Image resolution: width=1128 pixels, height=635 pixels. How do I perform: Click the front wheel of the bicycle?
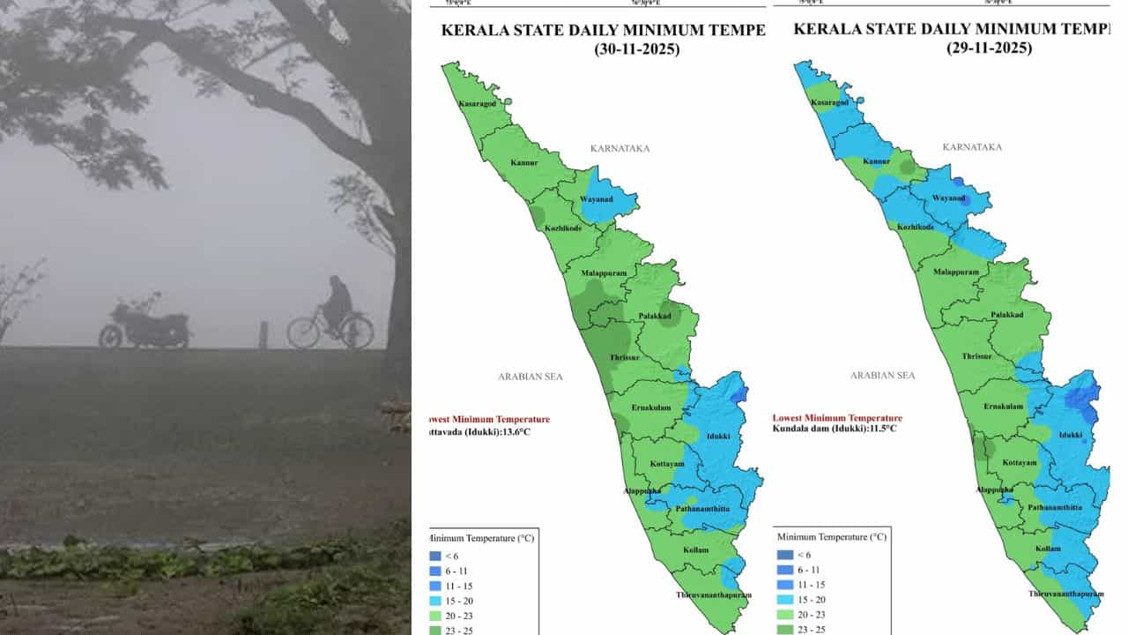[358, 332]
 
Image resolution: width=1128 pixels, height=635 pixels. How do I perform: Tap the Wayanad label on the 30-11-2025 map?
[597, 199]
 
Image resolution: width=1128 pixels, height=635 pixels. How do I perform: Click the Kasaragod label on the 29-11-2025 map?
[830, 103]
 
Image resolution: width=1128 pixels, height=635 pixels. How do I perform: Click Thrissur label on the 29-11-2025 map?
[976, 357]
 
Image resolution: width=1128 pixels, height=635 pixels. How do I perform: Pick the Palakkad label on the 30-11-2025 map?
[655, 316]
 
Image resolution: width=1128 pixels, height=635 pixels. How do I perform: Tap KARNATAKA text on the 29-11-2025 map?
[972, 147]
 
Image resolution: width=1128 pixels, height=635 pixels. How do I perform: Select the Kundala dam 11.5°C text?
[834, 429]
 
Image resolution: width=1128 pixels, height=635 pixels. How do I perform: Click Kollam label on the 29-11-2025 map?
[1048, 549]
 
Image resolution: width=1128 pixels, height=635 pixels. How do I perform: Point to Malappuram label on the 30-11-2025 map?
[604, 273]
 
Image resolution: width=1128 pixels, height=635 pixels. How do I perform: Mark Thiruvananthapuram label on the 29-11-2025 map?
[1065, 594]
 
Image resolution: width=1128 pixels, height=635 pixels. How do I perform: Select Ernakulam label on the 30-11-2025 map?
[651, 407]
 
